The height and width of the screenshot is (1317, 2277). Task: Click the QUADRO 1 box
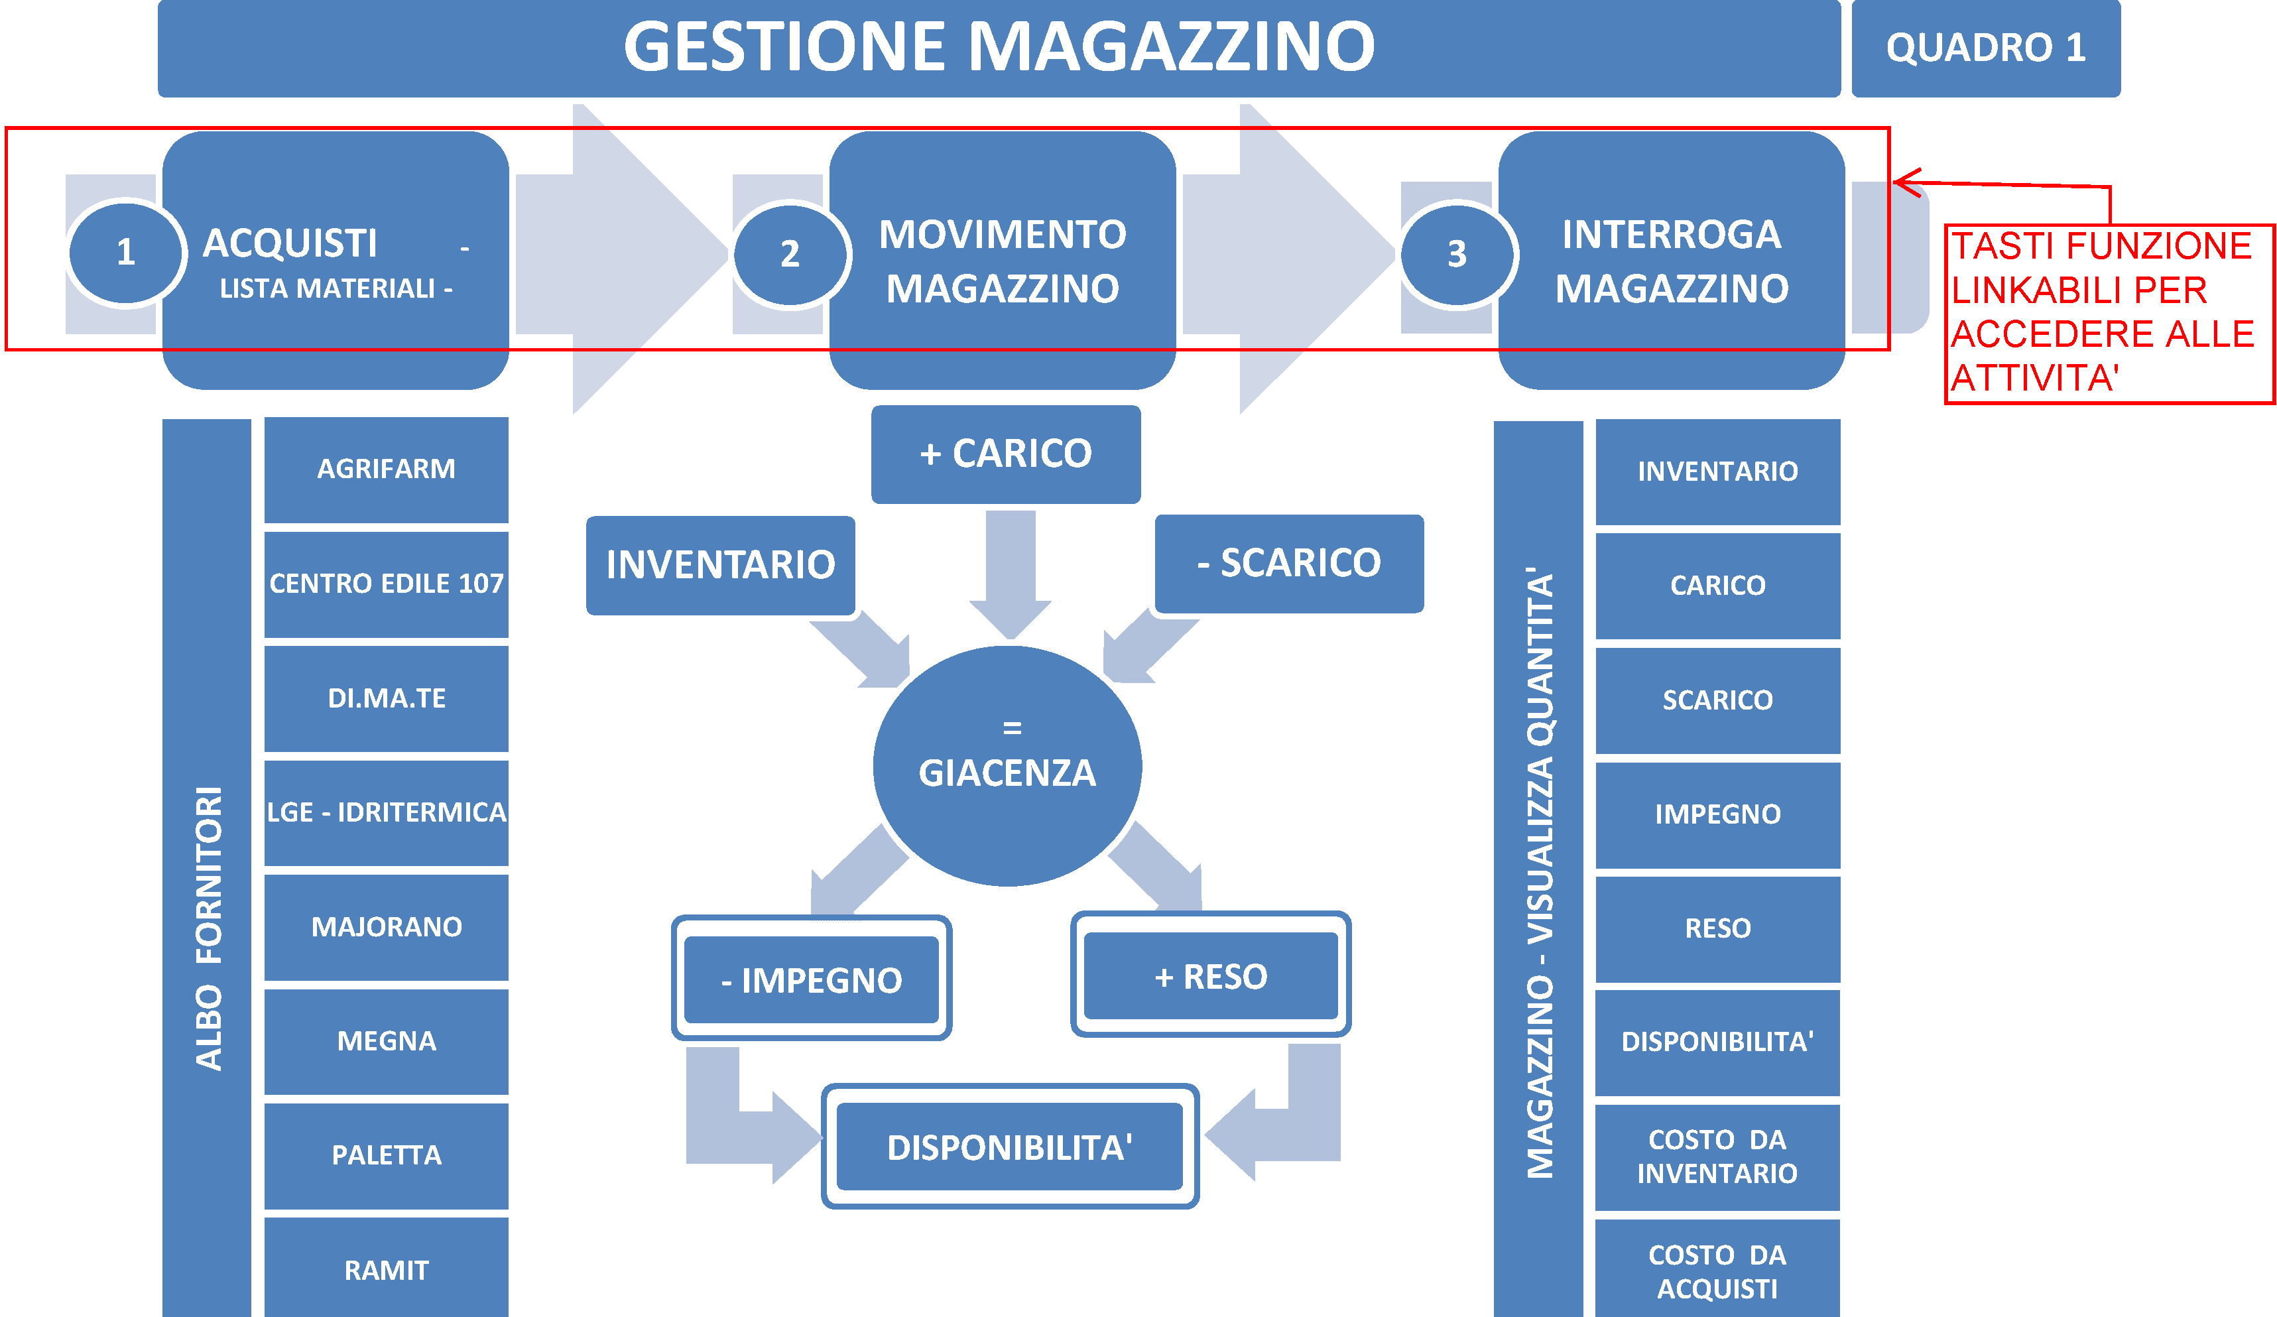tap(1985, 48)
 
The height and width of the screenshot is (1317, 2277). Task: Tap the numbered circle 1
tap(125, 252)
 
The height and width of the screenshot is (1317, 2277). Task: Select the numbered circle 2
tap(790, 254)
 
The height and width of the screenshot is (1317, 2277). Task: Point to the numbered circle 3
tap(1457, 254)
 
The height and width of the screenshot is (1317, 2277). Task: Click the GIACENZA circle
tap(1007, 766)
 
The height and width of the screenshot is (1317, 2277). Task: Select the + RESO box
tap(1211, 976)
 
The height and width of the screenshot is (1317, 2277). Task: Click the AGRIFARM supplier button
tap(387, 469)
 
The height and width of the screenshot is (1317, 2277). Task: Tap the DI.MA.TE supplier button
tap(387, 698)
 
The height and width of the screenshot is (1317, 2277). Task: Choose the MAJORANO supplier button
tap(387, 926)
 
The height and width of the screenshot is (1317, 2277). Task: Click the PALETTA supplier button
tap(387, 1155)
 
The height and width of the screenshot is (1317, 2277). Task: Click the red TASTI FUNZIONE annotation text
tap(2103, 312)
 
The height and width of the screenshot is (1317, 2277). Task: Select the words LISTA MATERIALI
tap(328, 288)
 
